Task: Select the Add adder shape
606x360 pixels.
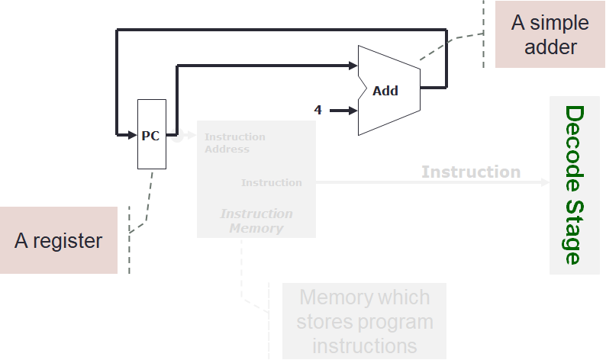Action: pyautogui.click(x=389, y=90)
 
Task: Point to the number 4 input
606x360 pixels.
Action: pyautogui.click(x=318, y=111)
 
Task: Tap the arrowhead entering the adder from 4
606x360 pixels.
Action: pyautogui.click(x=353, y=111)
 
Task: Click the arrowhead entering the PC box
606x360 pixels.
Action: pyautogui.click(x=131, y=135)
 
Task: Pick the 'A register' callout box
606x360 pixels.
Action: pyautogui.click(x=59, y=240)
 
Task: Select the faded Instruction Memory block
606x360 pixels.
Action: pyautogui.click(x=256, y=178)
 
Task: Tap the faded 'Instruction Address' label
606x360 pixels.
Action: pyautogui.click(x=234, y=143)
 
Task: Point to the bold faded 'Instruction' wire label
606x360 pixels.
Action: pyautogui.click(x=470, y=172)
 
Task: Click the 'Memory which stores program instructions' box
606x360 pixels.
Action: pyautogui.click(x=364, y=321)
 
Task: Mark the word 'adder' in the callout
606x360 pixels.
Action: pyautogui.click(x=551, y=47)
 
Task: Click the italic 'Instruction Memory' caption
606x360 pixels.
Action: pyautogui.click(x=256, y=221)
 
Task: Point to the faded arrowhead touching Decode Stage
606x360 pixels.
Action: pyautogui.click(x=544, y=182)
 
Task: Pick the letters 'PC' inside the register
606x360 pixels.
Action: pyautogui.click(x=150, y=136)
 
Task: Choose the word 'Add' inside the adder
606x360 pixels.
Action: pyautogui.click(x=385, y=91)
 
